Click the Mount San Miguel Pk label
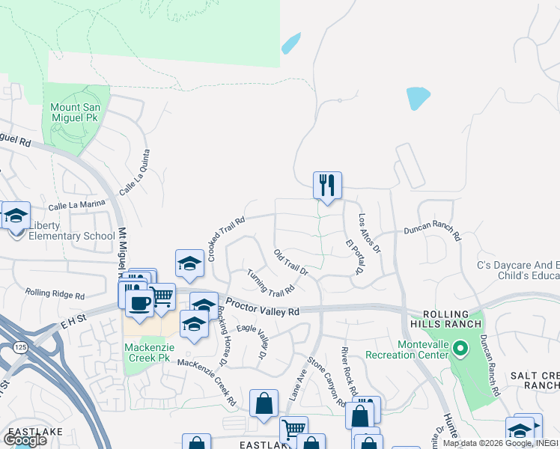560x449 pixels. pos(75,113)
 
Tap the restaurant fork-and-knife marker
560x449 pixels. pos(327,185)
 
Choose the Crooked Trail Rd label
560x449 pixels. pos(228,239)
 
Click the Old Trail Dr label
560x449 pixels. pos(291,262)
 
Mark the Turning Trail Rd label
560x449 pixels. pos(271,283)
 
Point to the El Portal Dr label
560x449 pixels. pos(354,257)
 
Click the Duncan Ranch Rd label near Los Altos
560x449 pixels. pos(433,233)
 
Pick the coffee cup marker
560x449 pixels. pos(138,302)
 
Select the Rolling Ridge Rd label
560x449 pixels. pos(54,293)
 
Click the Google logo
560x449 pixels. pos(25,439)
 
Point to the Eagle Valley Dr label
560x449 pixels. pos(252,338)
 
